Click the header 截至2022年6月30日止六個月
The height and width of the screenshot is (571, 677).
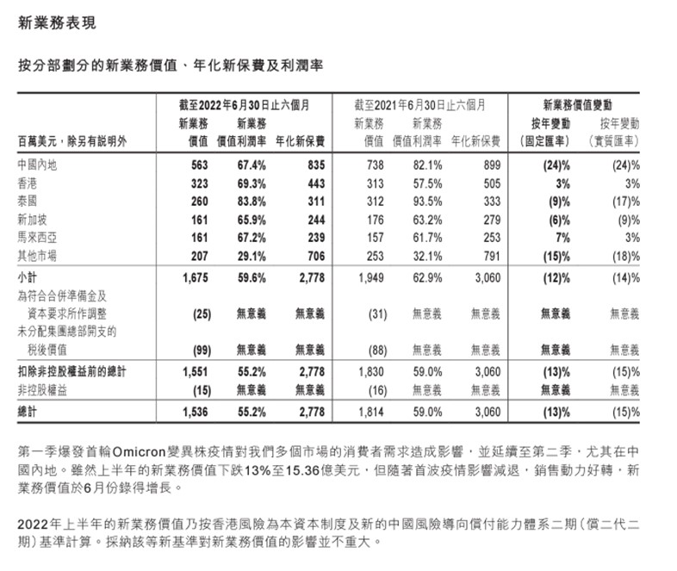241,104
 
